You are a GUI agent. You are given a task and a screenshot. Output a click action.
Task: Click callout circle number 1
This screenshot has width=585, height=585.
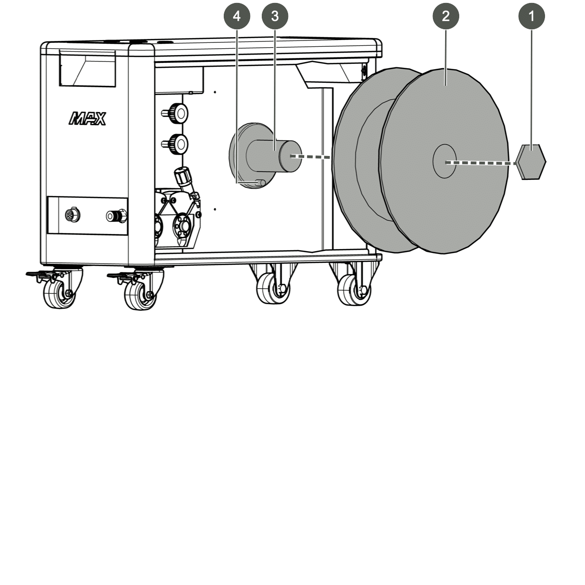click(531, 16)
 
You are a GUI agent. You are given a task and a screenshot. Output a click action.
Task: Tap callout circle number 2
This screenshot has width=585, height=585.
click(446, 16)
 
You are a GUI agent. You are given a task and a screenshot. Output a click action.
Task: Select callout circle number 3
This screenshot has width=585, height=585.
click(275, 16)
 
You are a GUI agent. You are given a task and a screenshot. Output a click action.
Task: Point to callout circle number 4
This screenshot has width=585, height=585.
click(237, 16)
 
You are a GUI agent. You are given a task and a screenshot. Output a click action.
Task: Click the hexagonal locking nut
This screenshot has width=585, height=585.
click(531, 162)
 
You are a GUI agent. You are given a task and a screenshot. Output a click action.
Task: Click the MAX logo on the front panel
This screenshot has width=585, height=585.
click(87, 118)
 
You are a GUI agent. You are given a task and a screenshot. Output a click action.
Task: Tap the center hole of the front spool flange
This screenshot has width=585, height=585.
click(445, 161)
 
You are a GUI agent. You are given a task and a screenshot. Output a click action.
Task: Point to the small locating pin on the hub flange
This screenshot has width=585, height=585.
click(260, 182)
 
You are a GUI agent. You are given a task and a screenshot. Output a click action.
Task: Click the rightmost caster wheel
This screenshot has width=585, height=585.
click(354, 290)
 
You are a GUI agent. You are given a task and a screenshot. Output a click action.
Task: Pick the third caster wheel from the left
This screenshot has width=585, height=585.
click(273, 288)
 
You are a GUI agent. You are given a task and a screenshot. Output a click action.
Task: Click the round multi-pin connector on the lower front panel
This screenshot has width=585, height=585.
click(73, 215)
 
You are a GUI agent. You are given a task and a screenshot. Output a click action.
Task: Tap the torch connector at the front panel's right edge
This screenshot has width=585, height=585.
click(117, 216)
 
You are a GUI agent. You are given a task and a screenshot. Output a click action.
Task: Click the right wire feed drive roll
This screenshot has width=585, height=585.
click(183, 226)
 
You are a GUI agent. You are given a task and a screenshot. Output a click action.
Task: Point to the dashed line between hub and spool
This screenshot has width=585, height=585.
click(310, 156)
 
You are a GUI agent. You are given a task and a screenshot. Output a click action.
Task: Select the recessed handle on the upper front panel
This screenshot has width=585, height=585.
click(87, 68)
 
